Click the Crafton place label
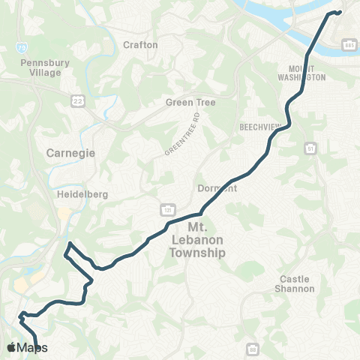(140, 45)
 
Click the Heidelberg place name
(82, 193)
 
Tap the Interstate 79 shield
(22, 47)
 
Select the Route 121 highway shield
(163, 205)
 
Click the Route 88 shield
(253, 349)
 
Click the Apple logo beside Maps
(11, 348)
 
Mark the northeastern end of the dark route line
(340, 11)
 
